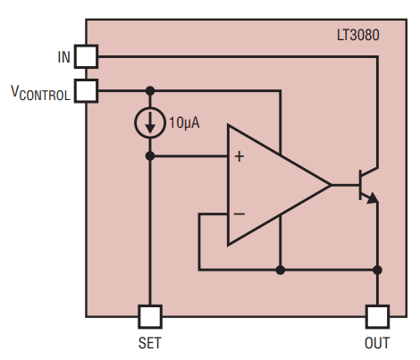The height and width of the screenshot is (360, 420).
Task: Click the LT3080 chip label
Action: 358,35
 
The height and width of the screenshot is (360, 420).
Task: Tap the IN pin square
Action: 86,56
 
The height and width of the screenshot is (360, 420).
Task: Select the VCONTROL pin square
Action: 86,91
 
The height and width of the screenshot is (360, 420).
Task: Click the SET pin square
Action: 150,317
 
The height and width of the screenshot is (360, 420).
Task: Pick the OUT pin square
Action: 377,317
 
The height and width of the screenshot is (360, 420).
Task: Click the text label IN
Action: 64,57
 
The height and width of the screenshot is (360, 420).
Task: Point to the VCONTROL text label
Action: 40,93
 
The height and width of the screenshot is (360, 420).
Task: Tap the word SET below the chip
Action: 149,343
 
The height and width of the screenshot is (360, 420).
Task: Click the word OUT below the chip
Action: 377,343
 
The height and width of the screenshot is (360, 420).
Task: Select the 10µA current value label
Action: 184,122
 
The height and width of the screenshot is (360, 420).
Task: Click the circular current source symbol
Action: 150,122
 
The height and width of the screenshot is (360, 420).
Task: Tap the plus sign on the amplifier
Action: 239,156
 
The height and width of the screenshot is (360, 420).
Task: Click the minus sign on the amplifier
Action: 239,213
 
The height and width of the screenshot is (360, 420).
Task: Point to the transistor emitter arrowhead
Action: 373,197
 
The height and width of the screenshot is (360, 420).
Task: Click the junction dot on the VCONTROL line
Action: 150,91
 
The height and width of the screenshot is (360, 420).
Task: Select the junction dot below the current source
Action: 150,155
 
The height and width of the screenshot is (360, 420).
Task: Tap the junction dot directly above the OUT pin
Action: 377,270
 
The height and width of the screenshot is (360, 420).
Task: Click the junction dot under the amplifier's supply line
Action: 281,270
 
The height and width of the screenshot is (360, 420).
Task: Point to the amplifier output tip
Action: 331,185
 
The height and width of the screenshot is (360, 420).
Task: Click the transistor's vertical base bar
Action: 360,185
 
